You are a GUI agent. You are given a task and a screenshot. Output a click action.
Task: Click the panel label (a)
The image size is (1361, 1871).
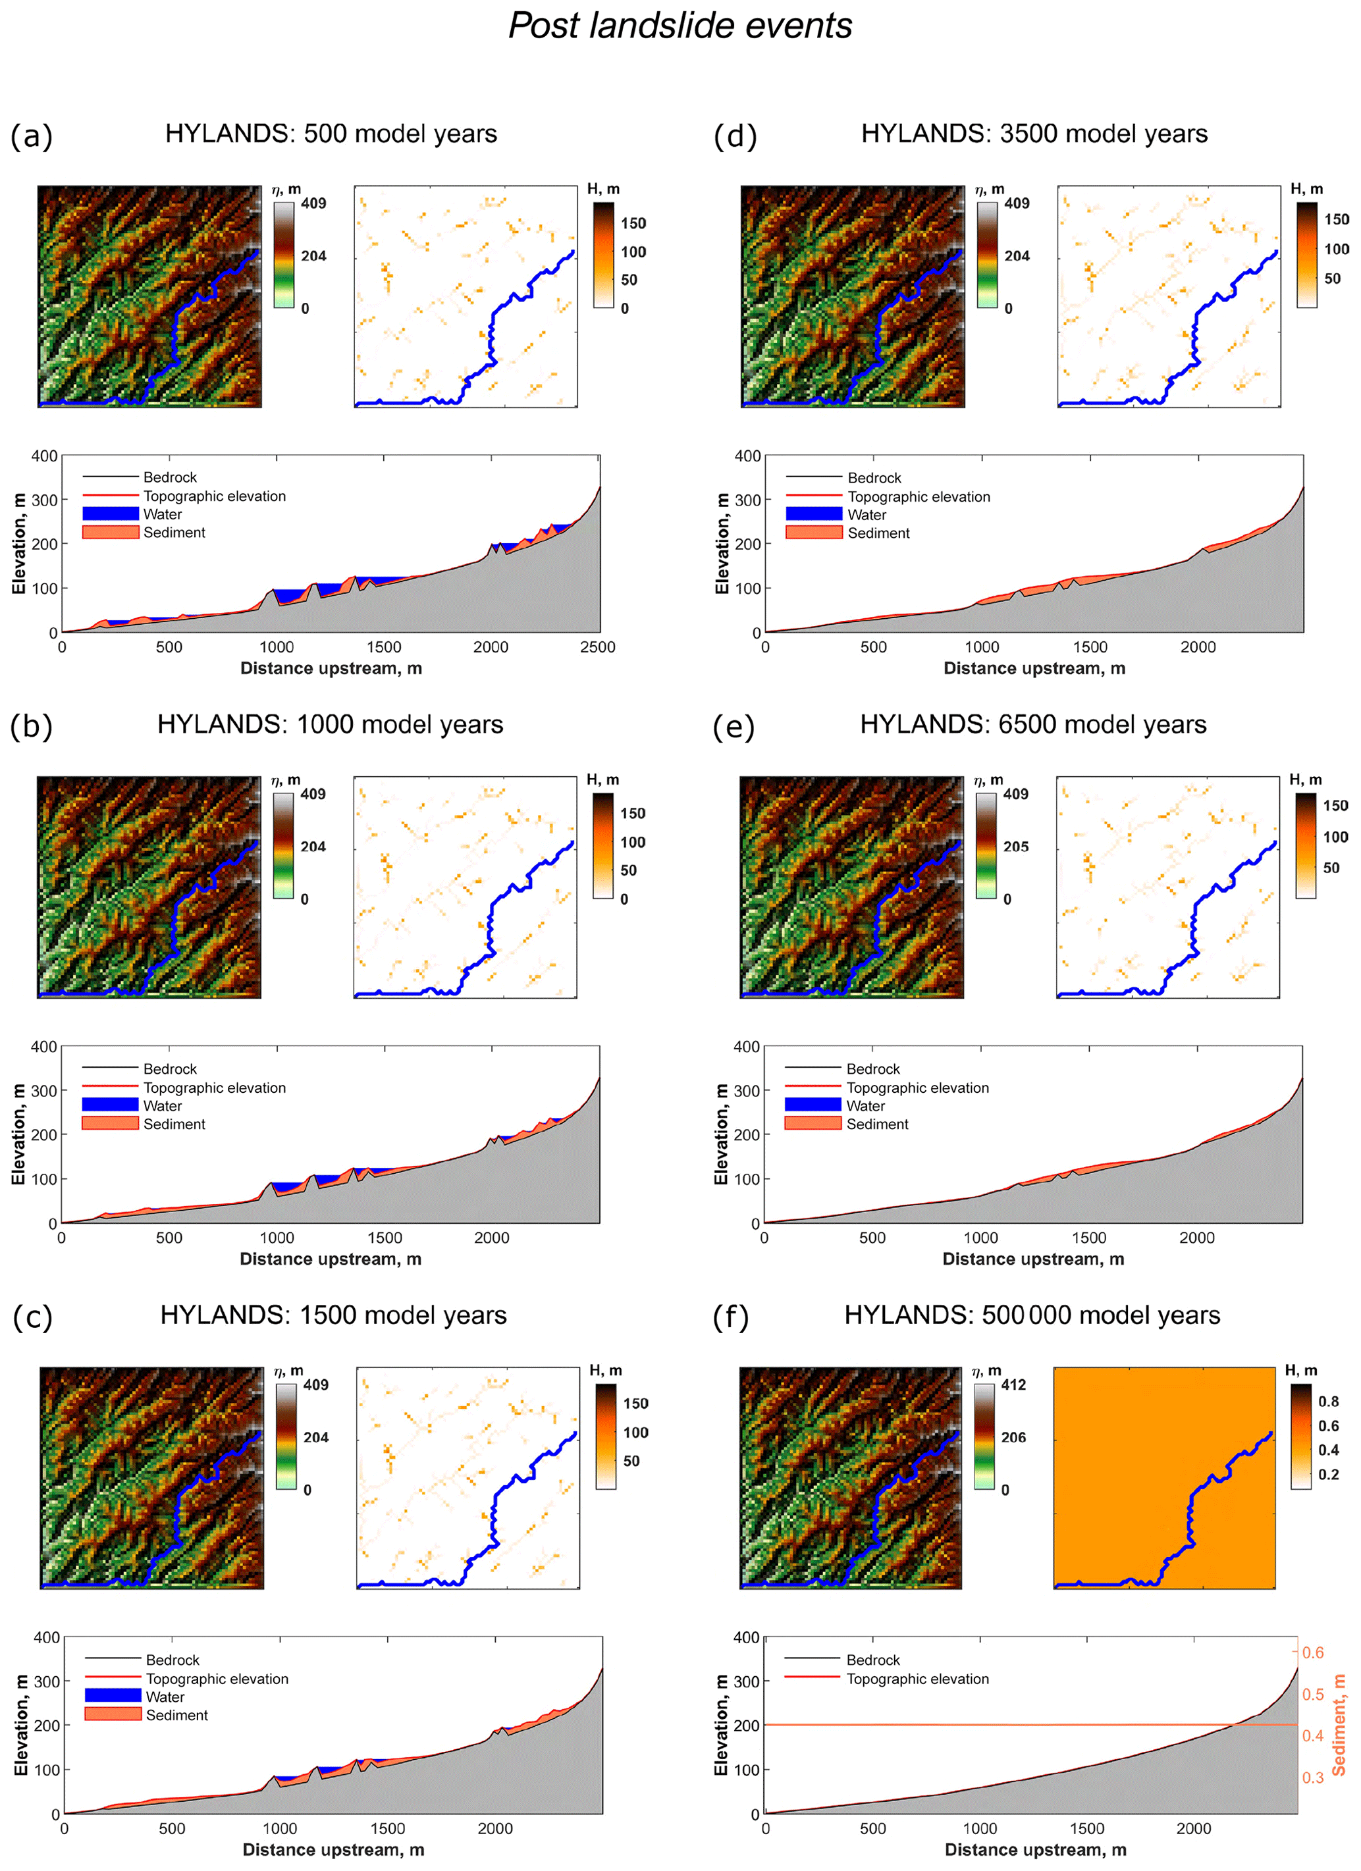32,136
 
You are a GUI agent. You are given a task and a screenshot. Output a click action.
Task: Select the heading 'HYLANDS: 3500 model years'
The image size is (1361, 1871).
1034,134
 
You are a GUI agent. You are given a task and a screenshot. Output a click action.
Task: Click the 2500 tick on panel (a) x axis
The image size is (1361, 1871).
597,646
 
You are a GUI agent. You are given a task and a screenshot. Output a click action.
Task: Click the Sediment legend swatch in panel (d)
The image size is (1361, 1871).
813,533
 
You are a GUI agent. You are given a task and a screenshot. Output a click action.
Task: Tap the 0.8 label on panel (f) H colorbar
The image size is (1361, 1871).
1328,1401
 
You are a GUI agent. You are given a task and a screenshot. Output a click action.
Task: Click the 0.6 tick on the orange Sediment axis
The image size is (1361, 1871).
1312,1652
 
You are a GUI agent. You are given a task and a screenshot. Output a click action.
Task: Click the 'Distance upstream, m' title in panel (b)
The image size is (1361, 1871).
331,1259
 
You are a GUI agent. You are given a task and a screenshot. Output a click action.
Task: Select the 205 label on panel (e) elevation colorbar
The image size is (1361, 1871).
1015,847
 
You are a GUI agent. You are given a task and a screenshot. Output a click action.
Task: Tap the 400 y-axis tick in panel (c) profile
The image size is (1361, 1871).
46,1637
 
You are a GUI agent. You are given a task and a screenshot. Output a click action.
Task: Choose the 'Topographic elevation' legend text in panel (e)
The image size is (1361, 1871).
917,1088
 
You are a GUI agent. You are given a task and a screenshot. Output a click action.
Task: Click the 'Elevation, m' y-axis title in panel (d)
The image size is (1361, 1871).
722,544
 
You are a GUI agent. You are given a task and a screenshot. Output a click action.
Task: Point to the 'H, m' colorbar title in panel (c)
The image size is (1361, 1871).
606,1370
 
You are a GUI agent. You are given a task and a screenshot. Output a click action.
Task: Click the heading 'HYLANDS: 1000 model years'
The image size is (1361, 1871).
330,724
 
